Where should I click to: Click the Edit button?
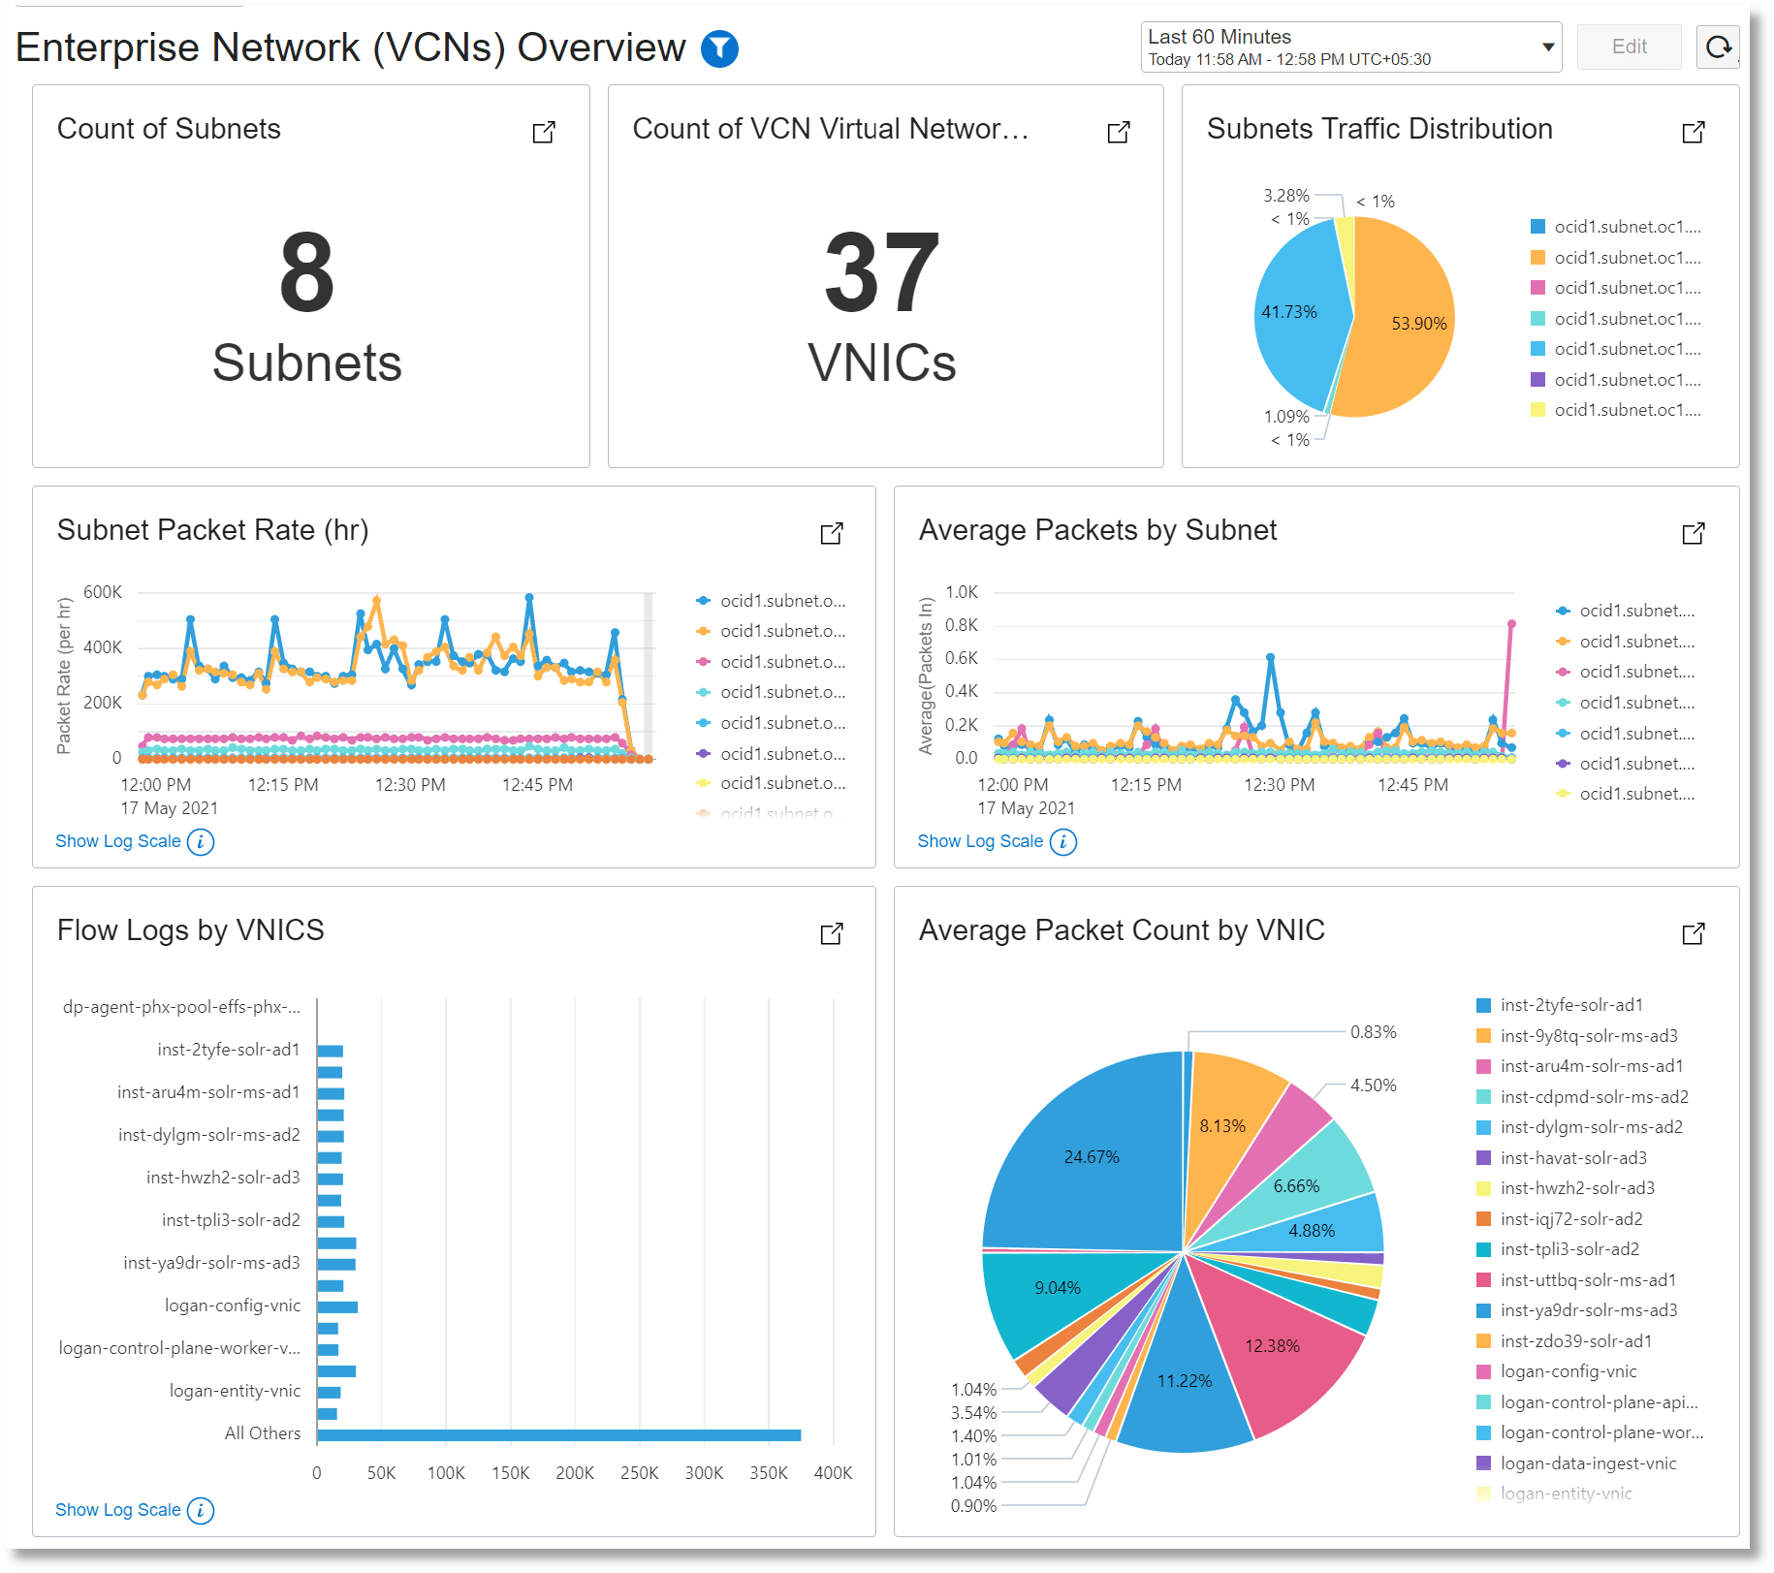coord(1629,47)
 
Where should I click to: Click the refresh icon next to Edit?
coord(1718,47)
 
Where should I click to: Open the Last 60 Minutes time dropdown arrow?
coord(1548,47)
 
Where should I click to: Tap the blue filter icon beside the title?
coord(719,48)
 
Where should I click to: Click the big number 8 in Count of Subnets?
coord(307,273)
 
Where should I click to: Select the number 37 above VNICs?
coord(882,273)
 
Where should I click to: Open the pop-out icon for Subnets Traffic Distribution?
coord(1693,132)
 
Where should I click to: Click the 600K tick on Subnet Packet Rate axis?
coord(103,592)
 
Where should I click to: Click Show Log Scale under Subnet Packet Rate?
coord(118,841)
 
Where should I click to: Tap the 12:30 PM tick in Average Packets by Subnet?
coord(1279,785)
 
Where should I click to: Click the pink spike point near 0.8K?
coord(1511,624)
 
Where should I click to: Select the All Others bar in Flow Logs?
coord(558,1434)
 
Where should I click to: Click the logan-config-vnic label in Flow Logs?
coord(233,1306)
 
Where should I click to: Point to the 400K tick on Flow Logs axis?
coord(833,1473)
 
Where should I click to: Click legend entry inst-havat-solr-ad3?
coord(1573,1158)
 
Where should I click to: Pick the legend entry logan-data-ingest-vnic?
coord(1588,1463)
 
